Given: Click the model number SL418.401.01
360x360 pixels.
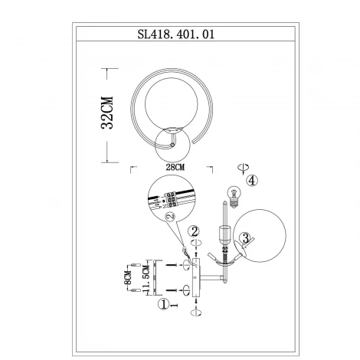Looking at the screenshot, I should [180, 34].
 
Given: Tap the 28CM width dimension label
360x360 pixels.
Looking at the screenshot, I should [175, 165].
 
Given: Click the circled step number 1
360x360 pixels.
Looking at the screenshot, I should [162, 304].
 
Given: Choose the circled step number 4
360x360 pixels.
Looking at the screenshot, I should [253, 181].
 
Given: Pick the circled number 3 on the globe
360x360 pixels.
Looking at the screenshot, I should [244, 239].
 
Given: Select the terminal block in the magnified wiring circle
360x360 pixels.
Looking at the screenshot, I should [173, 199].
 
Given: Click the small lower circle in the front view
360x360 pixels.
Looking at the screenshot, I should [169, 143].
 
